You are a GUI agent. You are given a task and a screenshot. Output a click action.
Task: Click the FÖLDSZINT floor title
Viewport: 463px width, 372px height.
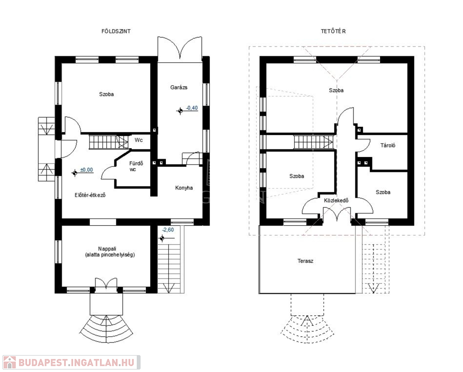point(116,31)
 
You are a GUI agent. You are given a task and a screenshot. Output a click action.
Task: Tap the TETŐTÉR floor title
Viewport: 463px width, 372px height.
point(334,31)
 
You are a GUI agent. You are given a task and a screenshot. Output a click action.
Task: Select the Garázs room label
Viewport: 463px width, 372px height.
point(178,87)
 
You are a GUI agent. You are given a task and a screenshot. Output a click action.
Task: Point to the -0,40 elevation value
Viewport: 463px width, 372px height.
point(192,108)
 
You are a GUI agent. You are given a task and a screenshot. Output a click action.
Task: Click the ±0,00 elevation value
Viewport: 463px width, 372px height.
point(86,170)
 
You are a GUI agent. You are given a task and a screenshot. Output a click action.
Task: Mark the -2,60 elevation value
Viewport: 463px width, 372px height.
point(168,230)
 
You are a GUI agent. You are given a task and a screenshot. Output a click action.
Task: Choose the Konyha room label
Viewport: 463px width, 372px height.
point(184,188)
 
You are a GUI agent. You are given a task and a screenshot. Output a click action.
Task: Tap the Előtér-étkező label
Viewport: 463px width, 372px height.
point(90,195)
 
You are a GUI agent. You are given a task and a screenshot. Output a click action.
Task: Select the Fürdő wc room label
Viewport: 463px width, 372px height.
point(136,166)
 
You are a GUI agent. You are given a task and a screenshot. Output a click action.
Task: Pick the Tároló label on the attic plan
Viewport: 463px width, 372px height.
point(388,145)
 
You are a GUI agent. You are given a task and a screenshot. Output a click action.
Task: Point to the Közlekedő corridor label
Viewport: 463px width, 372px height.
point(336,201)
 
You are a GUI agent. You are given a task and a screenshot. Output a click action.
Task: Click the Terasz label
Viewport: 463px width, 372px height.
point(305,261)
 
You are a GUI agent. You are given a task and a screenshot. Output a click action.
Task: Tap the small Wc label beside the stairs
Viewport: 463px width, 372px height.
point(139,140)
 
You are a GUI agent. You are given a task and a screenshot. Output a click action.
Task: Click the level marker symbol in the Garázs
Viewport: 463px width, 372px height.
point(180,111)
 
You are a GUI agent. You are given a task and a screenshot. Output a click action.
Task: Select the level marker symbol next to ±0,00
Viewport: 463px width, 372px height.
point(75,173)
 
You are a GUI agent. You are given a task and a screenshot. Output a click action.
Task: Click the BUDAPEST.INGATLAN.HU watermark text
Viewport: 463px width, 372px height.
point(77,362)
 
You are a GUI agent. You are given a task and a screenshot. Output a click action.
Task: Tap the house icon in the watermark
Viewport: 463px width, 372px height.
point(9,362)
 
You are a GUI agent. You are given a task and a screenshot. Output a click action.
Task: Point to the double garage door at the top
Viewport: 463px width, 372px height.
point(180,48)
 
